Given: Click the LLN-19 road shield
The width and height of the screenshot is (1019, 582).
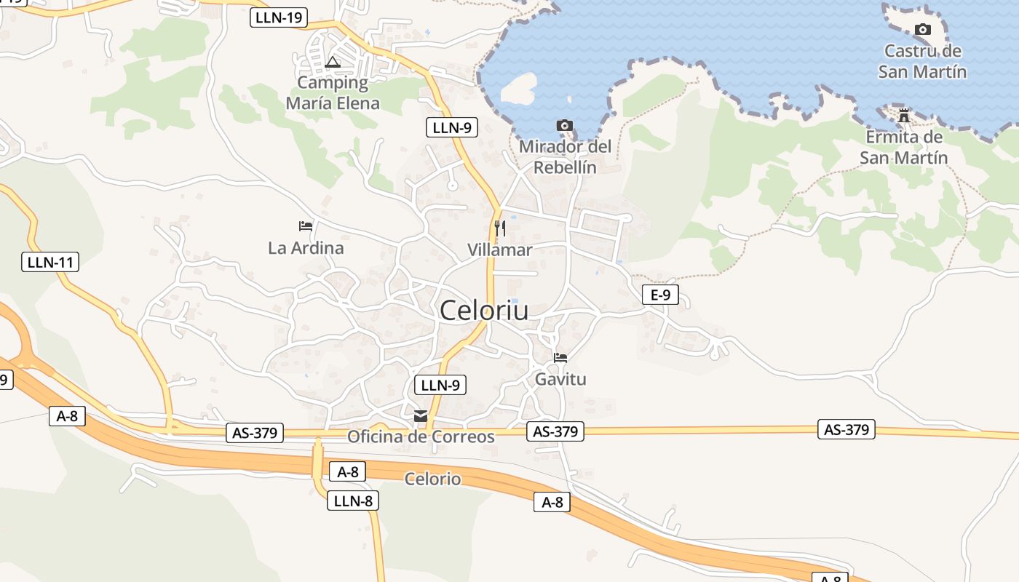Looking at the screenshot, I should point(279,17).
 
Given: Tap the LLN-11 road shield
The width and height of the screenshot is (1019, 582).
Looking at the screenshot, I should point(50,262).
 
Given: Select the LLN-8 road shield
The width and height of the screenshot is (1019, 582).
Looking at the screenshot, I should point(353,501).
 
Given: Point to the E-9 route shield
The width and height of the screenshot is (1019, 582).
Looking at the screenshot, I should point(660,295).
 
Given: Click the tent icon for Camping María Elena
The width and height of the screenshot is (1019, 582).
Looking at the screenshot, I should point(333,62).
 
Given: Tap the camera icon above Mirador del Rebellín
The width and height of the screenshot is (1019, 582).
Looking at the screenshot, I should point(564,126).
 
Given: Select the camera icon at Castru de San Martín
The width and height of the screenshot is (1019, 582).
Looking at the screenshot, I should point(922,30).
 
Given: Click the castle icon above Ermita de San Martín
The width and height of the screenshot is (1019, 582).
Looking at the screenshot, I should point(904,116).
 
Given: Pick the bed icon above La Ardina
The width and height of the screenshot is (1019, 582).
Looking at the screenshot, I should point(306,226).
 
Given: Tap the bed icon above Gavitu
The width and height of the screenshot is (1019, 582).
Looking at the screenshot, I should point(560,358).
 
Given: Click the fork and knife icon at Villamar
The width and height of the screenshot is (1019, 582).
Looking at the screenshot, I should point(499,228).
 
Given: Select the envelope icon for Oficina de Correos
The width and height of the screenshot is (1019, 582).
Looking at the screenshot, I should point(421,416).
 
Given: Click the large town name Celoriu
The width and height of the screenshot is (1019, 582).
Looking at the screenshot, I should point(484,311).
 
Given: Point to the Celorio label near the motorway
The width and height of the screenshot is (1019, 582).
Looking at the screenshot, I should point(432,479).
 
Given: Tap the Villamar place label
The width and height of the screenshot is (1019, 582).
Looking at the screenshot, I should point(499,250).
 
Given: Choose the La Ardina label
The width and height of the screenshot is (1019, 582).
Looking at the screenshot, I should point(306,248).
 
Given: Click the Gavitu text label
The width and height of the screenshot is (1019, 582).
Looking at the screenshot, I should point(560,379).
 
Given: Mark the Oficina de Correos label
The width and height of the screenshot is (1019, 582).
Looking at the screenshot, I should point(421,437).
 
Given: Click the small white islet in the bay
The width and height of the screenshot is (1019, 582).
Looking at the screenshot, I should point(519,87).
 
